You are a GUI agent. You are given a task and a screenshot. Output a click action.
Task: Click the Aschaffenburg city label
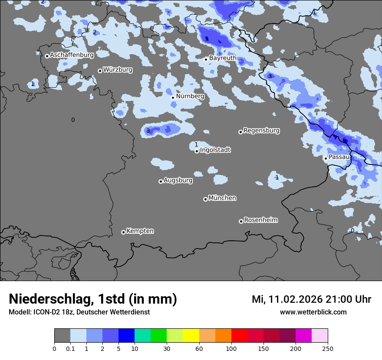(72, 55)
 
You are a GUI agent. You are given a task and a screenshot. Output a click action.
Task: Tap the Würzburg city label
(118, 70)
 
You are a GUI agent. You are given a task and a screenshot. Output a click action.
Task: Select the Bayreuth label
(223, 58)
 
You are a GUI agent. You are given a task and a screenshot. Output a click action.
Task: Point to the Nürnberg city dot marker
(173, 98)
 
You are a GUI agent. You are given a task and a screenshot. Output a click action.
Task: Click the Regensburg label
(261, 131)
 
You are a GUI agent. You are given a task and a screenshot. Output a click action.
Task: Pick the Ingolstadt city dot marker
(197, 151)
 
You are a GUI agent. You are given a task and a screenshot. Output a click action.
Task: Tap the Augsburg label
(178, 180)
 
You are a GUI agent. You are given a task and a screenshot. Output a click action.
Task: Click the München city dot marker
(205, 200)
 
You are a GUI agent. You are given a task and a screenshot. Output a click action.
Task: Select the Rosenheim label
(260, 220)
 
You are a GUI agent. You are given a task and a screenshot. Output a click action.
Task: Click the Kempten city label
(140, 231)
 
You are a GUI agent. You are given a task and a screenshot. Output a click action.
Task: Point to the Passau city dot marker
(326, 158)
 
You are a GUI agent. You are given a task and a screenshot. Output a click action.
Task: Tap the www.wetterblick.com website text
(313, 312)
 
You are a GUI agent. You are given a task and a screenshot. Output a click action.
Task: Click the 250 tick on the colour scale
(328, 349)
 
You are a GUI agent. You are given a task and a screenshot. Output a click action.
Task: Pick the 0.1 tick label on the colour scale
(70, 349)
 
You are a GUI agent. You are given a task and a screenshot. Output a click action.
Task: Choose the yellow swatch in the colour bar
(191, 336)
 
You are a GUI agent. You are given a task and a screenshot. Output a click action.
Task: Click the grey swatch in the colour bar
(62, 336)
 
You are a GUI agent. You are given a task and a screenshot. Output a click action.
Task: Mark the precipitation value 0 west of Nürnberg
(73, 120)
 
